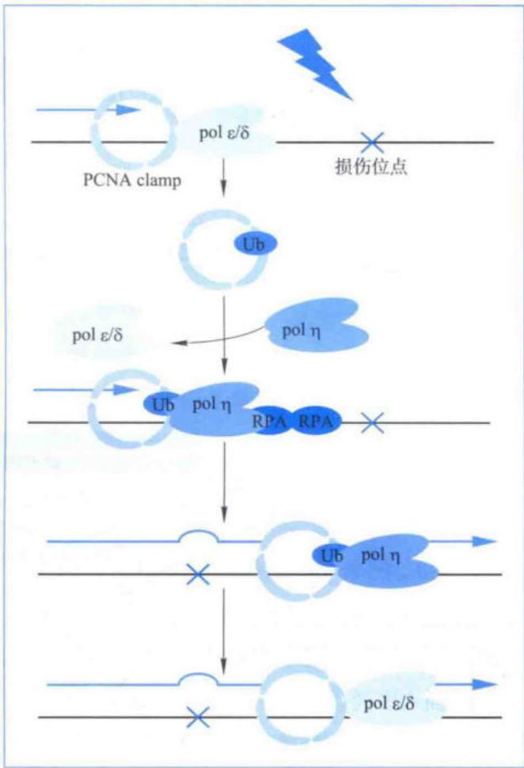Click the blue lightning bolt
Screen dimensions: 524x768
coord(316,65)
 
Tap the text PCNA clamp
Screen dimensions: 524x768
coord(132,180)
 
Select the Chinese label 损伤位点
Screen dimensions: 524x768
coord(371,167)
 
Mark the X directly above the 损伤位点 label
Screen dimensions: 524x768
coord(372,142)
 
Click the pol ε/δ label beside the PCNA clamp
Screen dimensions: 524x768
coord(224,132)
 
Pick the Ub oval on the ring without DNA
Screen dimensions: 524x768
coord(253,244)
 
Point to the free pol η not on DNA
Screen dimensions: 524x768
coord(316,325)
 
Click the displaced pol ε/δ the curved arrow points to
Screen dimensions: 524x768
coord(97,335)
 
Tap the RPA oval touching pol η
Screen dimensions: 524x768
coord(270,420)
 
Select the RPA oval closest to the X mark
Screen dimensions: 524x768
coord(316,421)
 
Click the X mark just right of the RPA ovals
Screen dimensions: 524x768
coord(372,422)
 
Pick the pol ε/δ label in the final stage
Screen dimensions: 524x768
coord(389,703)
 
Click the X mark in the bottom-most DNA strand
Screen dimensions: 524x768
coord(198,717)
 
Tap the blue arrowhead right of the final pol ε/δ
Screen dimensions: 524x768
coord(484,684)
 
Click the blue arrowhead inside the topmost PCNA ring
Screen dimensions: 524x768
coord(128,110)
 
